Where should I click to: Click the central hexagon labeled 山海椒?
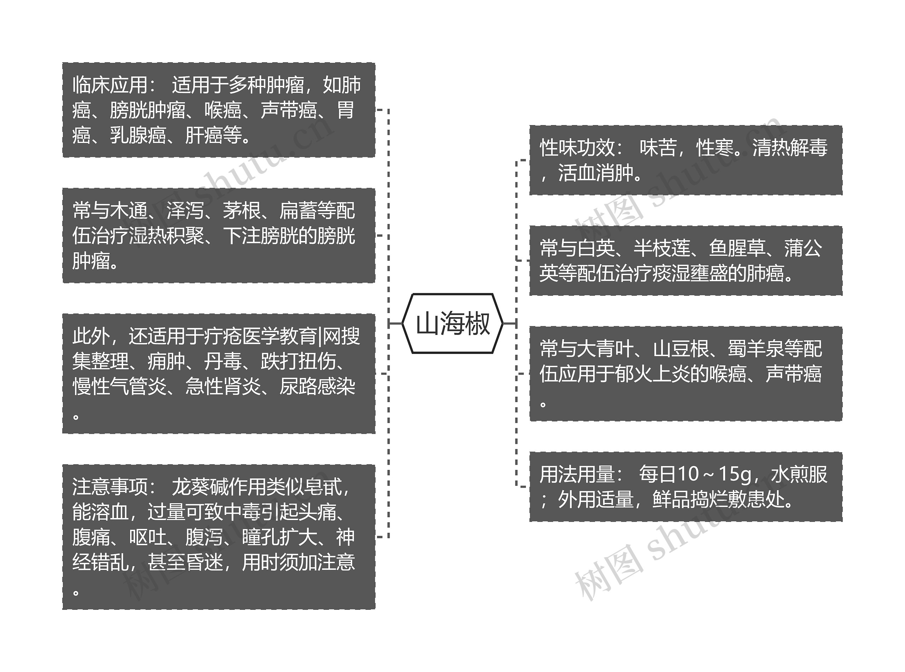tap(452, 323)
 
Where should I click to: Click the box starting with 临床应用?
tap(218, 110)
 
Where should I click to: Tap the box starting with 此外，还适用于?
tap(218, 373)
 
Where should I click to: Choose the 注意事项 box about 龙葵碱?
tap(218, 537)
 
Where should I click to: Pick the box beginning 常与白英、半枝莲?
tap(685, 260)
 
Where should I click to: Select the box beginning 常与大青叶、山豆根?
tap(685, 373)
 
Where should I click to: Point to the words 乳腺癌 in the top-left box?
tap(138, 135)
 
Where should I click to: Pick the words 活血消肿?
tap(596, 173)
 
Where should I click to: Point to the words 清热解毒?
tap(790, 148)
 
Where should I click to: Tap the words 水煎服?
tap(799, 474)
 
